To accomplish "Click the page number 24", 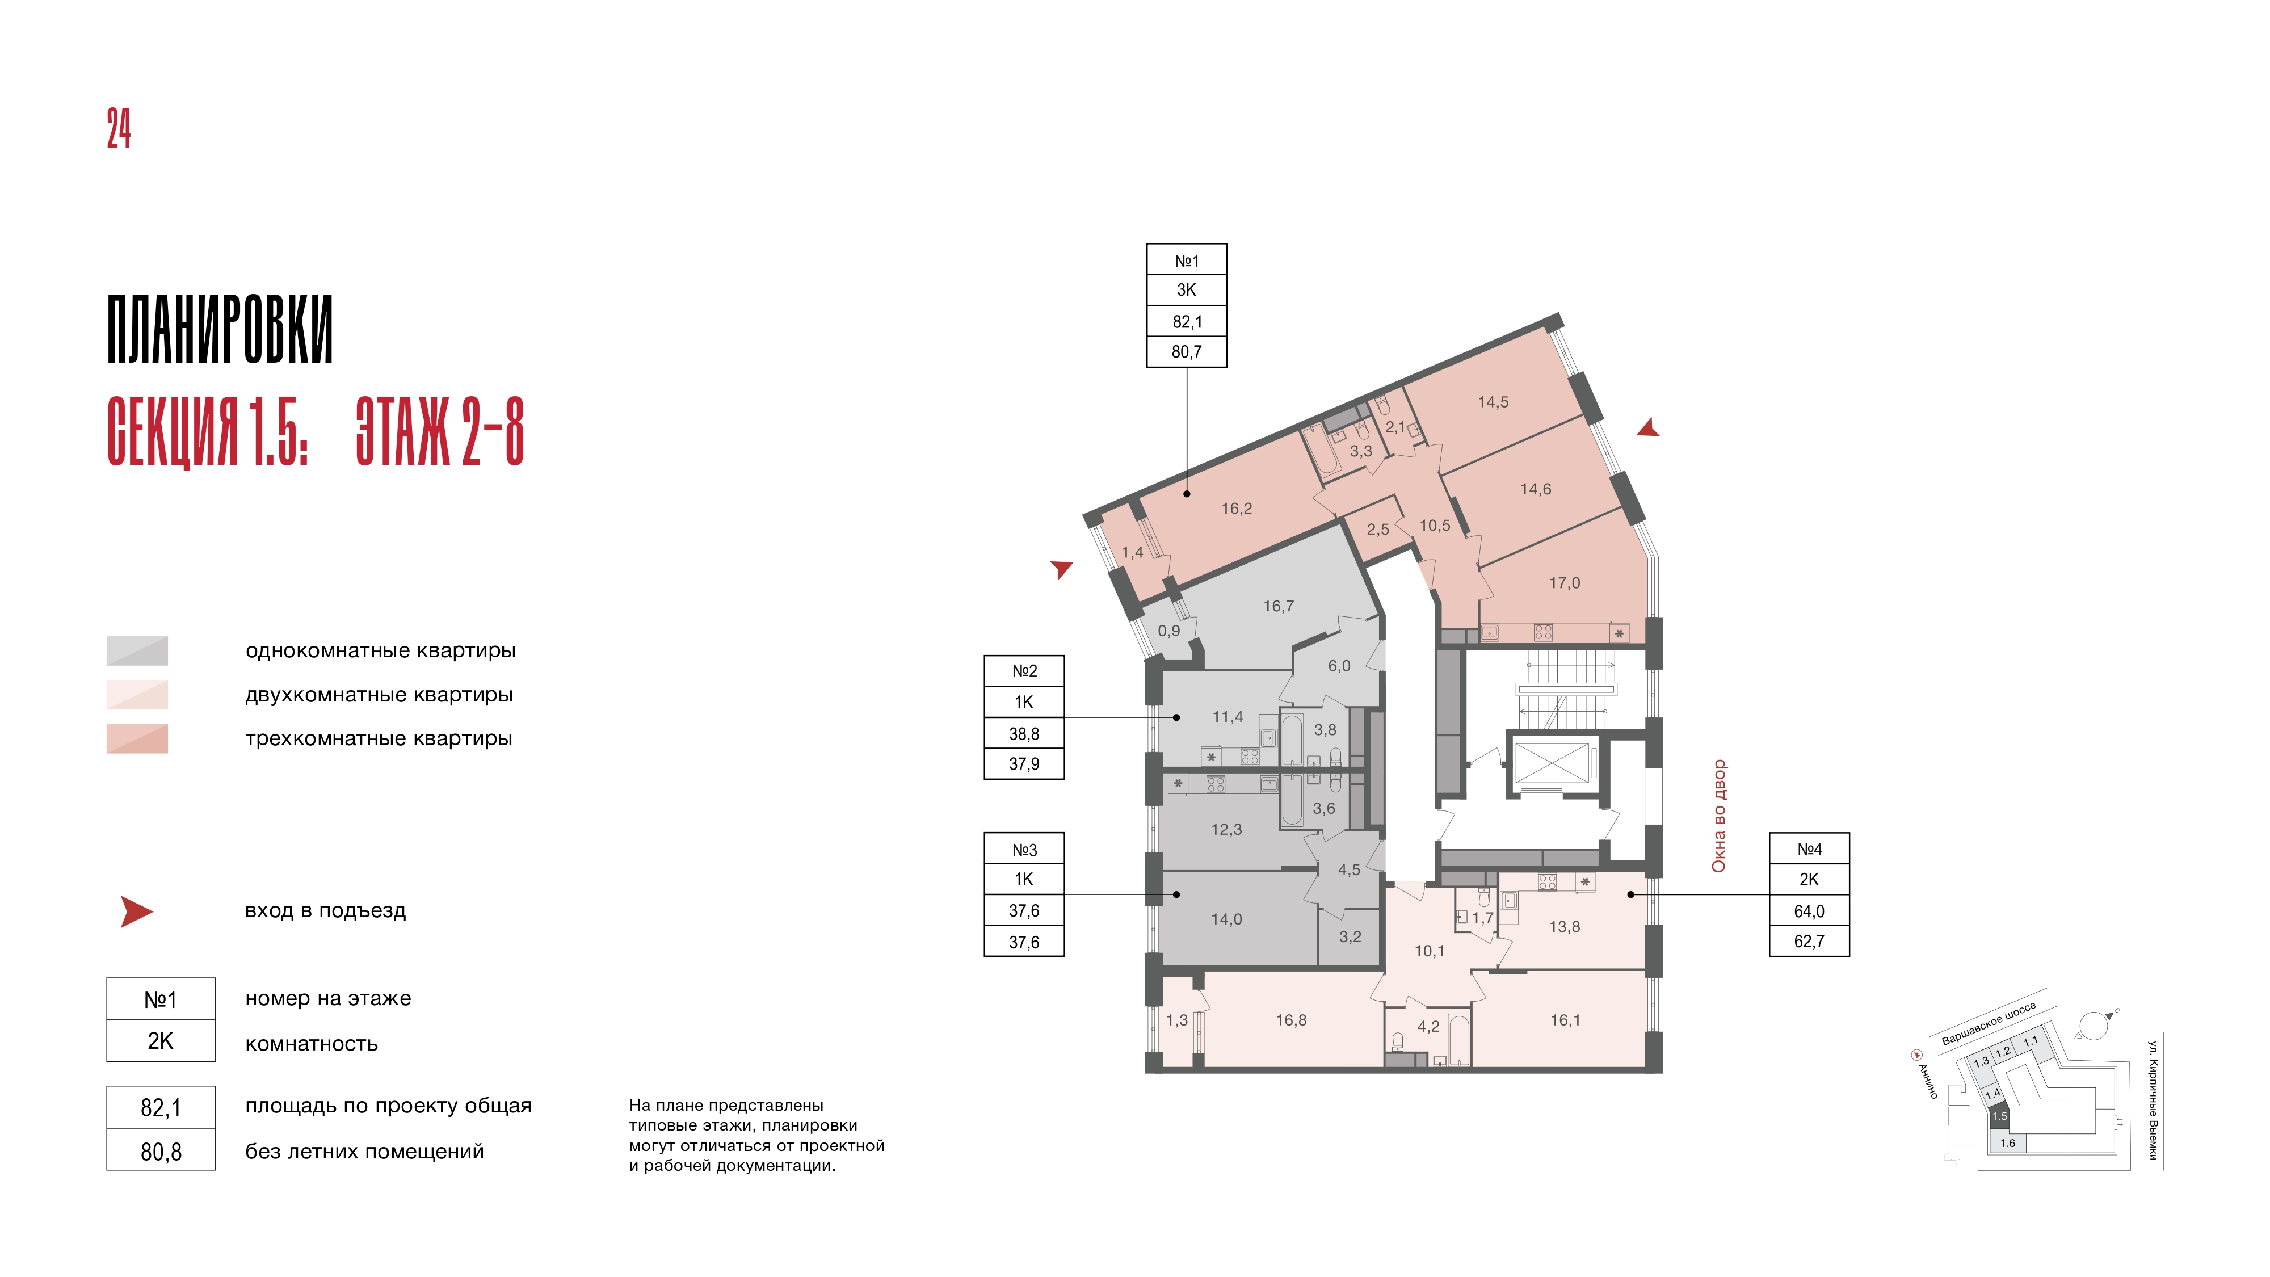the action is point(119,129).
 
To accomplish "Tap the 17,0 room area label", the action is point(1564,582).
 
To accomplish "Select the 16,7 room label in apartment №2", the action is point(1278,606).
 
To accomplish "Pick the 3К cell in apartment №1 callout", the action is point(1186,290).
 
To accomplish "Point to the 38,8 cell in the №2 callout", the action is point(1024,733).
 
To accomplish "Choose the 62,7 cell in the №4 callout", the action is point(1809,941).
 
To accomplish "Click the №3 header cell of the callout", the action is point(1024,850).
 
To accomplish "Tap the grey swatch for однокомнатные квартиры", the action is point(137,650).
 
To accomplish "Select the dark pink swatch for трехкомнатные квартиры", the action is point(137,738).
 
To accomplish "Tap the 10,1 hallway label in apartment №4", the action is point(1430,951).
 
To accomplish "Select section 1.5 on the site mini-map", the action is point(1999,1116).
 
